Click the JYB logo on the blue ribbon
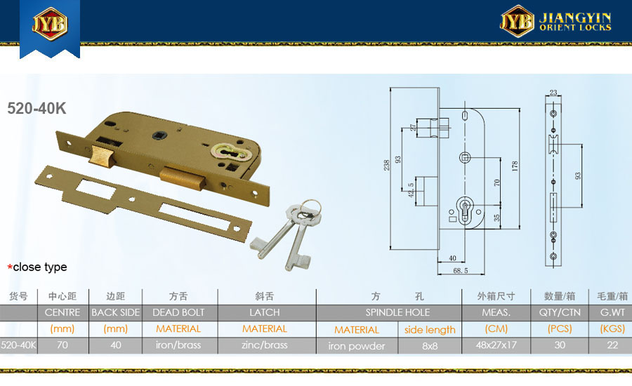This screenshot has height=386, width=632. coord(50,24)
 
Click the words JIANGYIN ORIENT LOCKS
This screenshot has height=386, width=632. coord(575,22)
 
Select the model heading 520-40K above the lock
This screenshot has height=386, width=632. coord(37,108)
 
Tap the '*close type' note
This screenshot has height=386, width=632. coord(37,267)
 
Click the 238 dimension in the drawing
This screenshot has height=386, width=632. coord(386,165)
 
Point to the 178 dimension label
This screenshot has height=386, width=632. coord(515,166)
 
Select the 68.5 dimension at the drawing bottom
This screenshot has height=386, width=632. coord(460,271)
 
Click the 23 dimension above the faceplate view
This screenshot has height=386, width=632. coord(553,92)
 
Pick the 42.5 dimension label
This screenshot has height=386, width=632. coord(411,190)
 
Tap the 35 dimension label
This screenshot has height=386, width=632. coord(497,218)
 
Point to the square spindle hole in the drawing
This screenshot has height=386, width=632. coord(465,157)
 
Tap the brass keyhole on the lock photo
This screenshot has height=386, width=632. coord(228,153)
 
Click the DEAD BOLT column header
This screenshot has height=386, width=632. coord(178,313)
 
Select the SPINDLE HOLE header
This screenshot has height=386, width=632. coord(397,313)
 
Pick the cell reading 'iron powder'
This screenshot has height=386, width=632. coord(356,346)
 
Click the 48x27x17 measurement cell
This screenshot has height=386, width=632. coord(496,345)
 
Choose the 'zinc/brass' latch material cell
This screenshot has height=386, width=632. coord(265,345)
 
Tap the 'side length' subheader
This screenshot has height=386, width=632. coord(430,330)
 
